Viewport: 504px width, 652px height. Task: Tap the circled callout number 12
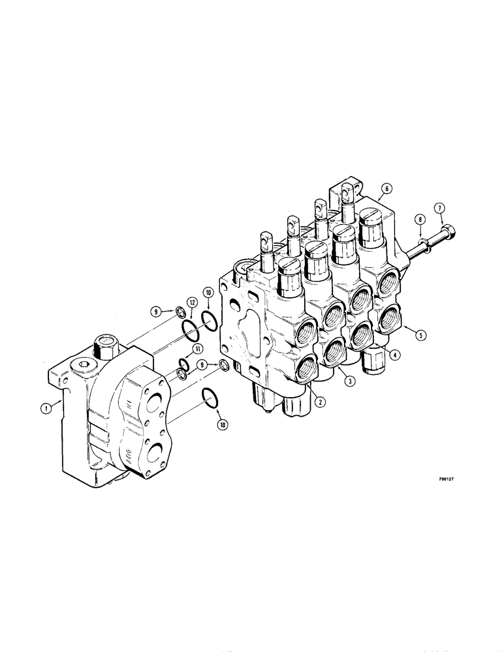191,303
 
